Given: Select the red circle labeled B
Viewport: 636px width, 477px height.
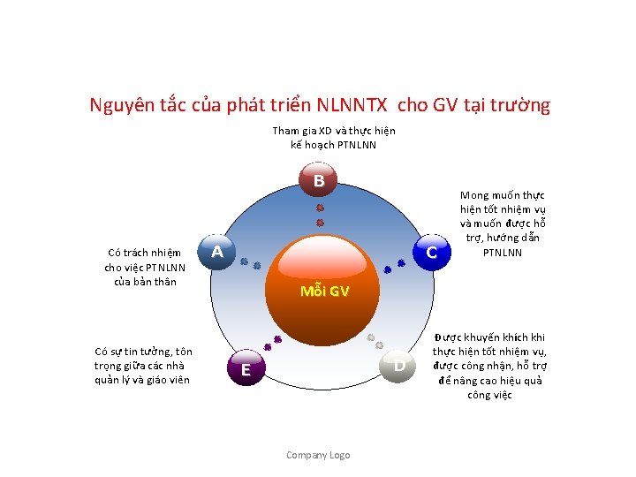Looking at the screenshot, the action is click(319, 181).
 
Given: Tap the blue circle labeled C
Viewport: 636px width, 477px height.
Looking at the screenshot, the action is click(431, 253).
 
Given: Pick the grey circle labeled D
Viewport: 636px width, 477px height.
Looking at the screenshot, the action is click(399, 365).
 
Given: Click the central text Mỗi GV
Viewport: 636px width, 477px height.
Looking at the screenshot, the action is click(324, 291).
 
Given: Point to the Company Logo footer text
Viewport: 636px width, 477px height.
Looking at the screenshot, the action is click(318, 455).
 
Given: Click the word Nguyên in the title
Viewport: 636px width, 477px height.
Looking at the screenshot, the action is click(122, 106).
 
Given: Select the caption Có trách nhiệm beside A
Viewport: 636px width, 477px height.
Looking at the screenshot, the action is click(145, 254).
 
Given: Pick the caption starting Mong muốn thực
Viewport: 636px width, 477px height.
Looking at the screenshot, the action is click(503, 195).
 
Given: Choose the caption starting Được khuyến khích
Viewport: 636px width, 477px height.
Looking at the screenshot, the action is click(502, 337).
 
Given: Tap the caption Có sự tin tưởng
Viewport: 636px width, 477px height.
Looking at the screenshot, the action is click(143, 352).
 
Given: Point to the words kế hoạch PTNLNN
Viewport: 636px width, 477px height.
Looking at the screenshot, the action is click(334, 144).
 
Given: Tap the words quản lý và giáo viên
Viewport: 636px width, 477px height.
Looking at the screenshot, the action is click(142, 380).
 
